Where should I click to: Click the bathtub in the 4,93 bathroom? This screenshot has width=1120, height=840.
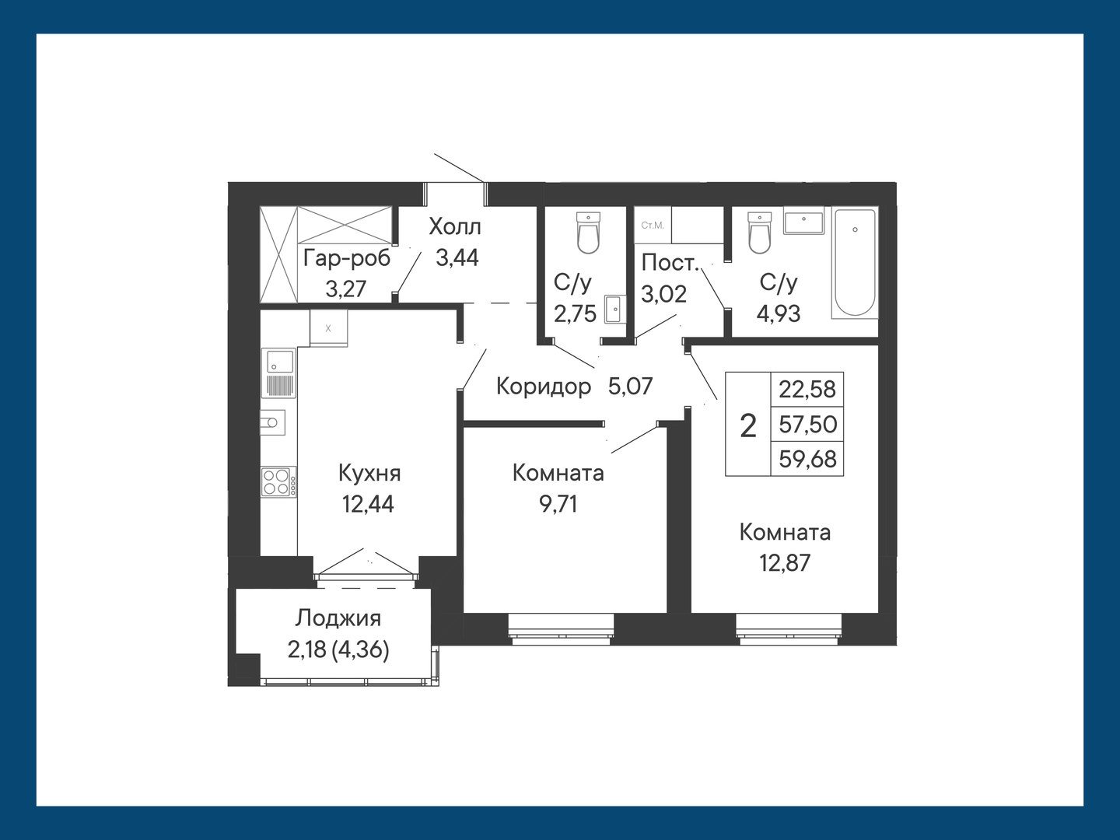pos(855,263)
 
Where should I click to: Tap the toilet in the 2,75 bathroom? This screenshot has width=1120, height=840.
pos(588,233)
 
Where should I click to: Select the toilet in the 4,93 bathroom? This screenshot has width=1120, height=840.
pos(759,233)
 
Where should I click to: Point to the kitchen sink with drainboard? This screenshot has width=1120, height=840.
pos(278,373)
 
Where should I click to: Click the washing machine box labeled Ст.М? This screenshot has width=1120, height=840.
pos(653,225)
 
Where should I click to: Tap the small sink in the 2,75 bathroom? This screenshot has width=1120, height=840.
pos(614,309)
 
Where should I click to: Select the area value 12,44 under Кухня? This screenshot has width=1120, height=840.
pos(368,505)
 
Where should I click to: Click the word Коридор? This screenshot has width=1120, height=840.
pos(544,387)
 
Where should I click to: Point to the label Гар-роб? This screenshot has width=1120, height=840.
pos(346,258)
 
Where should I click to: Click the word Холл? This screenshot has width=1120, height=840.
pos(455,227)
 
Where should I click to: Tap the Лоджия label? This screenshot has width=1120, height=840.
pos(338,618)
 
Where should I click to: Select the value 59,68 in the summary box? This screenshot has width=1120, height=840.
pos(808,459)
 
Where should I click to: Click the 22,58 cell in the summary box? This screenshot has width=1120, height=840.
pos(807,390)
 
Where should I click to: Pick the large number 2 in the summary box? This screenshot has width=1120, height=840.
pos(747,425)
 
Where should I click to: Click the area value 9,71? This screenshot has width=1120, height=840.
pos(558,505)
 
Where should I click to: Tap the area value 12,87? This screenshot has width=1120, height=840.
pos(785,564)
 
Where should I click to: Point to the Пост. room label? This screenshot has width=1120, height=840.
pos(669,263)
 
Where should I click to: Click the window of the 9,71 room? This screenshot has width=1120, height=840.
pos(561,629)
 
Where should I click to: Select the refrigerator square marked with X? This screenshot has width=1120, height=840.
pos(328,328)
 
